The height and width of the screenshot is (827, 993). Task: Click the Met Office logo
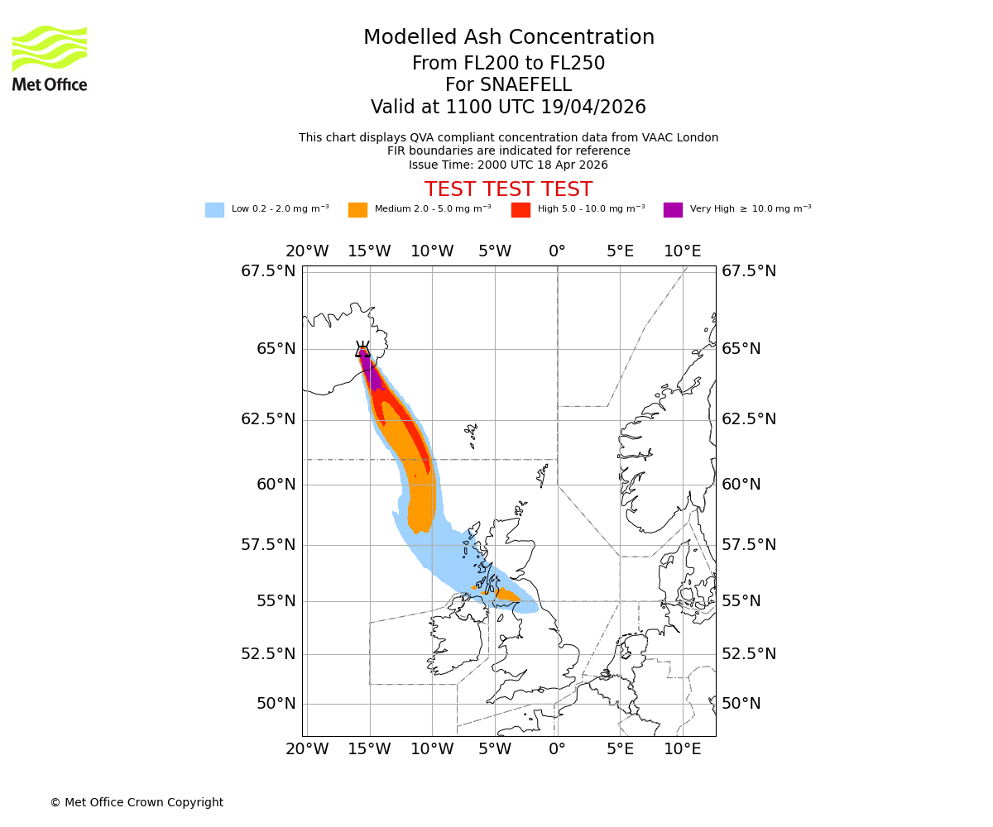pos(50,58)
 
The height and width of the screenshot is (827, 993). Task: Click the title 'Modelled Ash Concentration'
pos(509,37)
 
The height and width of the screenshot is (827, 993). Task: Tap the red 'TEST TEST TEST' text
pos(508,189)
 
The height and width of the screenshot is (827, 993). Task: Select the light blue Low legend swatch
pos(214,209)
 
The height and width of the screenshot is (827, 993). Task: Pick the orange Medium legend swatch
pos(357,209)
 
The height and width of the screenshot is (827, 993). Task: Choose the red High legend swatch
pos(520,209)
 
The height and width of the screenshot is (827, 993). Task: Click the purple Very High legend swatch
pos(673,209)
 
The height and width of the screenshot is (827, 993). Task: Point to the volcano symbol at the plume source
pos(362,348)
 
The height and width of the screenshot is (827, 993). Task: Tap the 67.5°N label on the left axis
pos(268,271)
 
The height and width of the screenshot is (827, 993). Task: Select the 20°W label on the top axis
pos(307,251)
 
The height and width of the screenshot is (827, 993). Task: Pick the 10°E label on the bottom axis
pos(682,749)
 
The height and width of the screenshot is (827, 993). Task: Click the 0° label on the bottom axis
pos(557,749)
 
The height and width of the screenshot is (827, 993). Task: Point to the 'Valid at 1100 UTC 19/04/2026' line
pos(508,107)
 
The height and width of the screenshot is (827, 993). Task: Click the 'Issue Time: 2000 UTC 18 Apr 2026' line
pos(508,165)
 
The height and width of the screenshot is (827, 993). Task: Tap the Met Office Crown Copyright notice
pos(137,802)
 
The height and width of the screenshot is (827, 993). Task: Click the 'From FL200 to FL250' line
pos(508,64)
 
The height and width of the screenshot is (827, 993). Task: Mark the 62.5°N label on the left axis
pos(268,419)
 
